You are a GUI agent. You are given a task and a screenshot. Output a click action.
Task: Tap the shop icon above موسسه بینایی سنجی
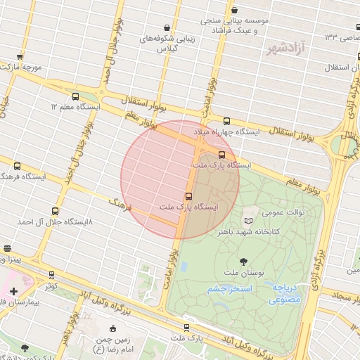tap(234, 11)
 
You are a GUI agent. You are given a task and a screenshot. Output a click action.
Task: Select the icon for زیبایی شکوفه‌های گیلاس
tap(167, 27)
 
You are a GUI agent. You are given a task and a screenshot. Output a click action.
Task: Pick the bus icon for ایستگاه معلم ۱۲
tap(75, 96)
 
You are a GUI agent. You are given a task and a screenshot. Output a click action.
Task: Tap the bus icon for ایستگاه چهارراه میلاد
tap(226, 121)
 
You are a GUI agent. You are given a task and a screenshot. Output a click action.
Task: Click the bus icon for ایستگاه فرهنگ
tap(17, 167)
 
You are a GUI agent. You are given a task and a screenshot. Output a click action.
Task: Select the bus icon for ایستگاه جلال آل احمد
tap(56, 211)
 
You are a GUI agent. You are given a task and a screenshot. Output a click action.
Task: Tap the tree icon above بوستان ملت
tap(243, 262)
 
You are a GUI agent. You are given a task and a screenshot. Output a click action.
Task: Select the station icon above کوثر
tap(51, 275)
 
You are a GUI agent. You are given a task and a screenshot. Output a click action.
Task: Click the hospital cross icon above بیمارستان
tap(14, 291)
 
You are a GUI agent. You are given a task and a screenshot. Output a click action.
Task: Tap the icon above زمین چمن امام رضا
tap(112, 328)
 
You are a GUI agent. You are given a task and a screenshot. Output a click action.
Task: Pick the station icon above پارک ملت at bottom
tap(186, 327)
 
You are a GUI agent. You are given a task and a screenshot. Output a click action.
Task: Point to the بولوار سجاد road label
tap(345, 298)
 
